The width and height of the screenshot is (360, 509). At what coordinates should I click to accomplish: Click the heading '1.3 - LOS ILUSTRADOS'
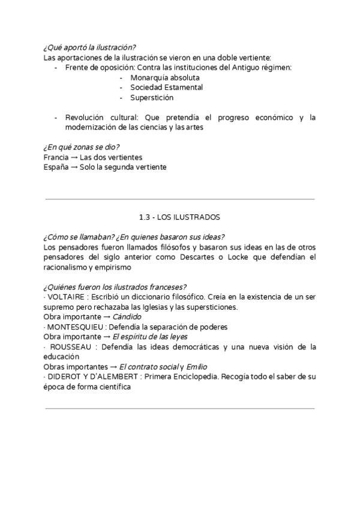(x=179, y=217)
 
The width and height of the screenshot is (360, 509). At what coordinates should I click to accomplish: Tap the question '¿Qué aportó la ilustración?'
(x=89, y=48)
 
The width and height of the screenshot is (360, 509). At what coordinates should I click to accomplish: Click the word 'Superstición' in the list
(x=152, y=97)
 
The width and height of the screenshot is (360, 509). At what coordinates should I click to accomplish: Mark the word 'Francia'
(x=56, y=157)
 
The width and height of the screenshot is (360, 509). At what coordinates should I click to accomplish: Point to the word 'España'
(x=56, y=167)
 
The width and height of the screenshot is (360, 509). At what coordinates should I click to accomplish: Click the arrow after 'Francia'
(x=74, y=157)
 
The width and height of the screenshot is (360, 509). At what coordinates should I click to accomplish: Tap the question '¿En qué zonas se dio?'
(x=81, y=147)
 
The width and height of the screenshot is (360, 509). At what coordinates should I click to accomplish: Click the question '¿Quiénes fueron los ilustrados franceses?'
(x=115, y=287)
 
